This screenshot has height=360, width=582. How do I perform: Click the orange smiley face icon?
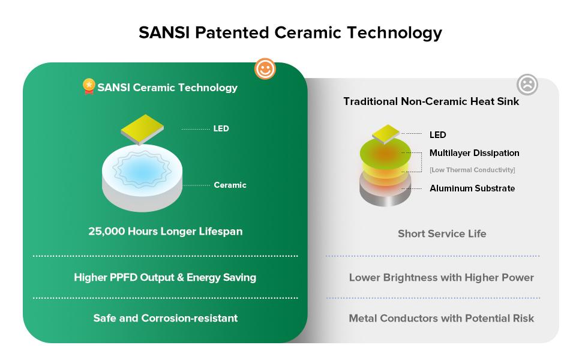(x=265, y=69)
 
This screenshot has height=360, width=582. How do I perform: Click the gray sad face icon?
(x=527, y=85)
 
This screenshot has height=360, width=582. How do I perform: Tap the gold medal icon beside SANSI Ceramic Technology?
(x=89, y=87)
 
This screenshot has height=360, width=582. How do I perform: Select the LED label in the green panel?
(x=221, y=129)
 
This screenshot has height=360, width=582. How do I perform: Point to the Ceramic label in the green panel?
(x=230, y=185)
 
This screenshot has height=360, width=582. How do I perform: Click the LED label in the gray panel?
(x=437, y=134)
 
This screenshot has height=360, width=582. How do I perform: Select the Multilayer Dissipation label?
(x=474, y=153)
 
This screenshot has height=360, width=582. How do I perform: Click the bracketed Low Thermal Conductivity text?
(x=472, y=170)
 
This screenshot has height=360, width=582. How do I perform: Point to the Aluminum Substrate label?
(x=472, y=188)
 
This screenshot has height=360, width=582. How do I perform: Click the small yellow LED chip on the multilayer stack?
(x=386, y=134)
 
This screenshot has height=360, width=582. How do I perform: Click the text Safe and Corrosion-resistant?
(x=165, y=318)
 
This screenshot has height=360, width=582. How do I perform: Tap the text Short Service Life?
(x=442, y=233)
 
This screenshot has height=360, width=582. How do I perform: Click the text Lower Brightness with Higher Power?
(x=441, y=278)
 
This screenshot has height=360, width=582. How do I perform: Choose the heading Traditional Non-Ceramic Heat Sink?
(x=431, y=101)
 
